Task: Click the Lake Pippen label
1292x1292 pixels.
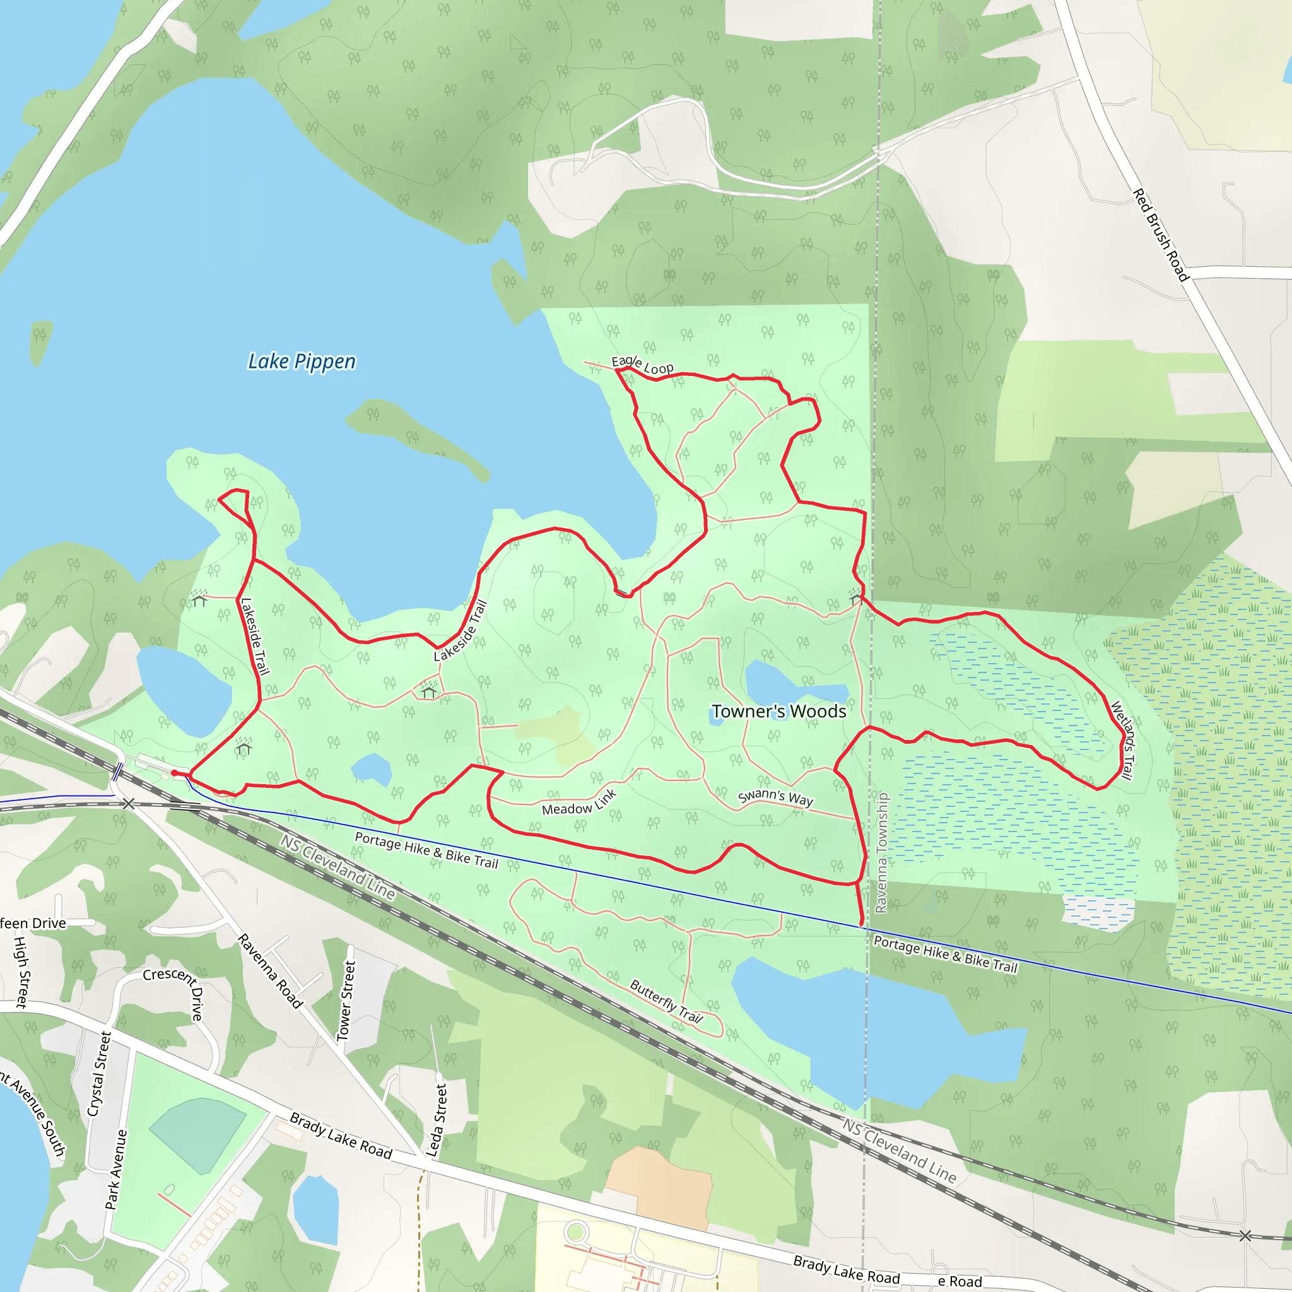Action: (x=302, y=361)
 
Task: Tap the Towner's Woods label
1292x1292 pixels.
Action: (x=778, y=712)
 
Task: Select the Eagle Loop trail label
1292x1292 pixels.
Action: (x=643, y=365)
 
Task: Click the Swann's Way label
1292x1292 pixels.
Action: (x=775, y=797)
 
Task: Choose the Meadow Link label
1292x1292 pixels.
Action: (x=578, y=802)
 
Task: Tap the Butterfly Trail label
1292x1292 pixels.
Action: (x=666, y=1002)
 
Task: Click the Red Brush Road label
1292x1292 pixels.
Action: (x=1160, y=235)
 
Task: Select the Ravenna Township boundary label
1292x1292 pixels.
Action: (x=882, y=853)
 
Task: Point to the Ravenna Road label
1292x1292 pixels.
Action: (x=270, y=971)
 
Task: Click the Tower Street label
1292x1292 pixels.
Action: (x=346, y=1001)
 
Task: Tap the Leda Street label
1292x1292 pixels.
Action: (x=436, y=1120)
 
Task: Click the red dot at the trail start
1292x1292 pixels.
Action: (x=175, y=773)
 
